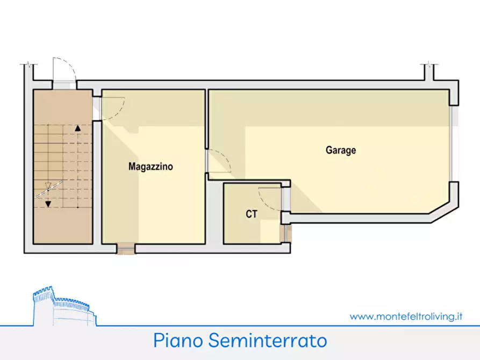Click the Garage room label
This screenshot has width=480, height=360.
click(x=340, y=150)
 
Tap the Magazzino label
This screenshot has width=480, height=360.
click(x=151, y=167)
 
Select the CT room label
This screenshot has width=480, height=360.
click(x=252, y=214)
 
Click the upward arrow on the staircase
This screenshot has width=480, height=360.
click(x=78, y=128)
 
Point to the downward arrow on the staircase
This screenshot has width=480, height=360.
click(x=48, y=204)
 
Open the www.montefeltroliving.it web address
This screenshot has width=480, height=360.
click(x=406, y=316)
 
